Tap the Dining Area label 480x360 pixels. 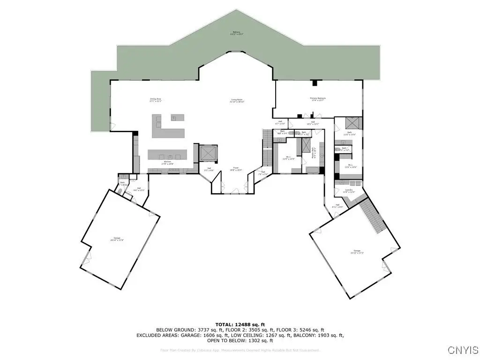click(x=156, y=100)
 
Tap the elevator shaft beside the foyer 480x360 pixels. click(x=206, y=153)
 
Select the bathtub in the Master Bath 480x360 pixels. click(x=321, y=152)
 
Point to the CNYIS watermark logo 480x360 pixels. click(x=463, y=350)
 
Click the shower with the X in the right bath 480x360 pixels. click(x=352, y=123)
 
